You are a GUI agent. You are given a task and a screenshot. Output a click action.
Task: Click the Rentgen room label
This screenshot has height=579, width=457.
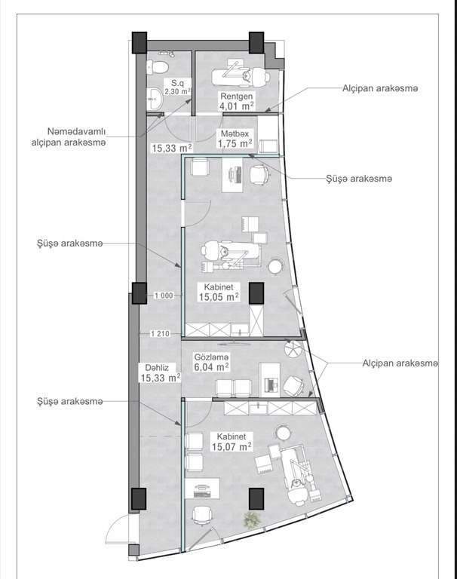(237, 96)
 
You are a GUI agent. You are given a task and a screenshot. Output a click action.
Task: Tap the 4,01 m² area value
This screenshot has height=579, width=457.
(237, 106)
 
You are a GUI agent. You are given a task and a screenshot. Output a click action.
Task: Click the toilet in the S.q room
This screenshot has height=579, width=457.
(158, 67)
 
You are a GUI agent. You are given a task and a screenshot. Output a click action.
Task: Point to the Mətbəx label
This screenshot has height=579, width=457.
(235, 133)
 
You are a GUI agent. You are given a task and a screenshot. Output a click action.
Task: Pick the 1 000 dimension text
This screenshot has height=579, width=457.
(164, 296)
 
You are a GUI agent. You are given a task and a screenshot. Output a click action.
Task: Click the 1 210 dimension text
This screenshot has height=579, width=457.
(160, 334)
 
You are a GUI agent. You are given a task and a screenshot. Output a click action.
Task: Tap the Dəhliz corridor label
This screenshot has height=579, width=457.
(157, 368)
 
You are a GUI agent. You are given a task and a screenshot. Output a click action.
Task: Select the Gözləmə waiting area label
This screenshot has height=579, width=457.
(212, 357)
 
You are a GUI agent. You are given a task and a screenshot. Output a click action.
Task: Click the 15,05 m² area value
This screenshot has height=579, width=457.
(219, 297)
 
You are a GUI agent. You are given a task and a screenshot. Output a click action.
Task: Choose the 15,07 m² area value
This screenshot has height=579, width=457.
(232, 446)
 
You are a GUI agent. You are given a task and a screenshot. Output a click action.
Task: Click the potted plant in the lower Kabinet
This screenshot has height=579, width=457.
(252, 519)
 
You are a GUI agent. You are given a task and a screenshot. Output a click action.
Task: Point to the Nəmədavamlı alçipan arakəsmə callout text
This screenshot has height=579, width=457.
(69, 137)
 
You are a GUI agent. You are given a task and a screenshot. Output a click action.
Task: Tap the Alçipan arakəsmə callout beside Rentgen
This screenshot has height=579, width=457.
(380, 89)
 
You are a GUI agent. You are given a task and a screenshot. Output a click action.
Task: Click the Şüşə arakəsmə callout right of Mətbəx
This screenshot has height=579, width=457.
(359, 179)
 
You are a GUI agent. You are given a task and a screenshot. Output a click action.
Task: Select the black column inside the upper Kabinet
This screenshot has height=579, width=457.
(256, 293)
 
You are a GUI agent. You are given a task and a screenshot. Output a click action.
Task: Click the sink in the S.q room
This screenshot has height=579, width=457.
(155, 99)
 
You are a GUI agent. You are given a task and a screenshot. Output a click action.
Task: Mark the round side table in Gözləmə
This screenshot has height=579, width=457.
(293, 348)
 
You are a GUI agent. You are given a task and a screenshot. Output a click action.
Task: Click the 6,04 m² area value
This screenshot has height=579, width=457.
(211, 367)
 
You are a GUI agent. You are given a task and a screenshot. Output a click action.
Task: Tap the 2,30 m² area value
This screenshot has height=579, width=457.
(178, 91)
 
